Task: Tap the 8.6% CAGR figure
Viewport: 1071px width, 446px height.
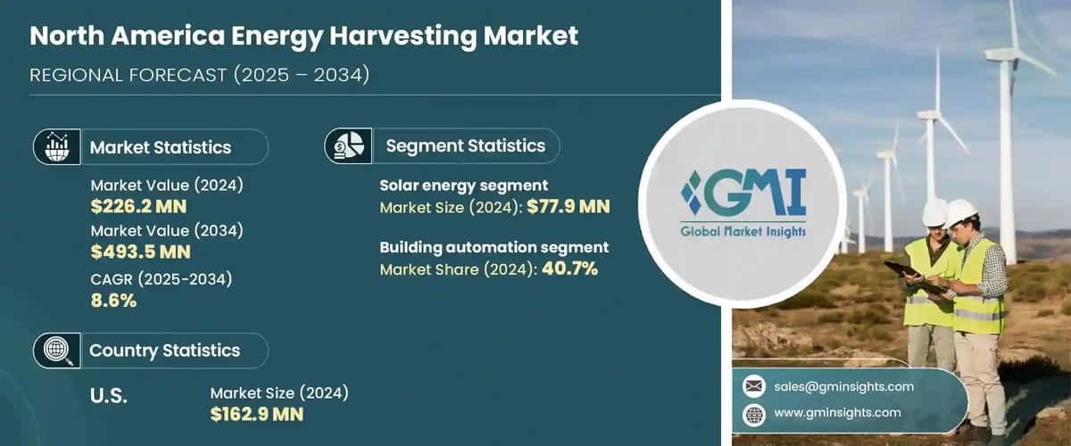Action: [x=113, y=301]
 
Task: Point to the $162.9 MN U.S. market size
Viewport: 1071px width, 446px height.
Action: [x=256, y=414]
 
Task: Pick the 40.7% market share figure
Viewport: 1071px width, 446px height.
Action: [x=567, y=268]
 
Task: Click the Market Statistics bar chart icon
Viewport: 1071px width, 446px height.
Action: [x=55, y=147]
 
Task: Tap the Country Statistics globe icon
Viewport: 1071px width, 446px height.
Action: [x=55, y=351]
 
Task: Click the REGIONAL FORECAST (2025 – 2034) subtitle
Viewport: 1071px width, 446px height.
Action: [x=199, y=75]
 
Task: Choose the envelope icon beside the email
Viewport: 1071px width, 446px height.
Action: [x=754, y=386]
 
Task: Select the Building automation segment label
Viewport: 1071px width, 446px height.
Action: [x=494, y=247]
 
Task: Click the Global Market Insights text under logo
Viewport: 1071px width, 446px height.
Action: [x=743, y=232]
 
